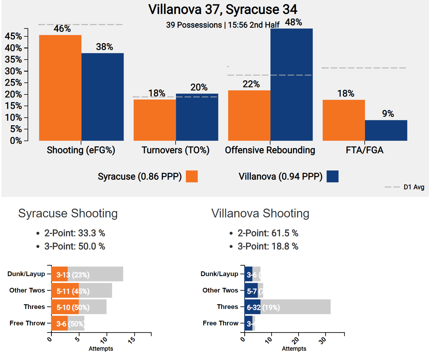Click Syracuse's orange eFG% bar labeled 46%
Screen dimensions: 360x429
pyautogui.click(x=60, y=88)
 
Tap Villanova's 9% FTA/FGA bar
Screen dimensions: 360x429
pyautogui.click(x=386, y=130)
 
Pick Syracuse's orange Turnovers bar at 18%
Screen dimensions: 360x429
pyautogui.click(x=155, y=120)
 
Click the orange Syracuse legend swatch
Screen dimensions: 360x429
pyautogui.click(x=192, y=176)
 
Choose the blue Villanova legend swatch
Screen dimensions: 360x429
pyautogui.click(x=332, y=176)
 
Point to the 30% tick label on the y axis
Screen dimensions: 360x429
pyautogui.click(x=13, y=71)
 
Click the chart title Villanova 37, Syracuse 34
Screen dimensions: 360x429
pyautogui.click(x=223, y=9)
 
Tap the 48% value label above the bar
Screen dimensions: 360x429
pyautogui.click(x=293, y=22)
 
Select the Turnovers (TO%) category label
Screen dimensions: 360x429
pyautogui.click(x=175, y=150)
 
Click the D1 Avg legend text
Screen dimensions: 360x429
pyautogui.click(x=414, y=187)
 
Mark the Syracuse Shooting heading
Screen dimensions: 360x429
pyautogui.click(x=68, y=213)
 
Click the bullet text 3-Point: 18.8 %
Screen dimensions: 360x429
pyautogui.click(x=268, y=246)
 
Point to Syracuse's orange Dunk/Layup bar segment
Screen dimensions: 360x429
pyautogui.click(x=59, y=274)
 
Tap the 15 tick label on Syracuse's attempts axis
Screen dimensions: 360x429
pyautogui.click(x=132, y=340)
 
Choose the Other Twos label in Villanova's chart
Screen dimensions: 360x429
pyautogui.click(x=220, y=290)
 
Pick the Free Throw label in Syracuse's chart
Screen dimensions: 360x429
pyautogui.click(x=27, y=323)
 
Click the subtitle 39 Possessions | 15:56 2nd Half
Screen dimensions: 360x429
pyautogui.click(x=223, y=25)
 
